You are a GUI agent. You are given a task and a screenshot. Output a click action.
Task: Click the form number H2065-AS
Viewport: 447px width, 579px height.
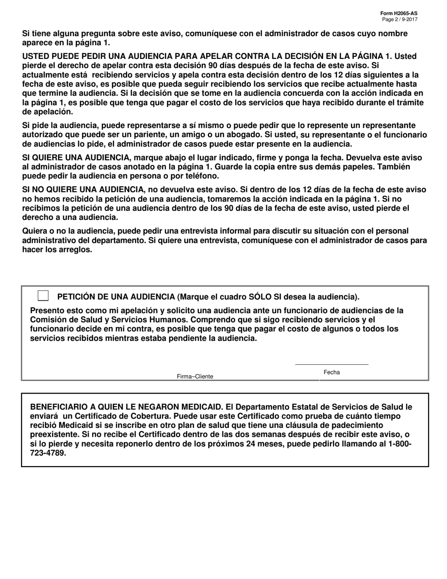tap(401, 14)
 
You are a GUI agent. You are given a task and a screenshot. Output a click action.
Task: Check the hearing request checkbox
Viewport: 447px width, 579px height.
tap(43, 296)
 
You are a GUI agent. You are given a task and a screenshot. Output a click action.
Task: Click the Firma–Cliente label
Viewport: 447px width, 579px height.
tap(195, 377)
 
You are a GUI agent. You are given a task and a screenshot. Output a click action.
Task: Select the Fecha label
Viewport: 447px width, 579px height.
tap(332, 372)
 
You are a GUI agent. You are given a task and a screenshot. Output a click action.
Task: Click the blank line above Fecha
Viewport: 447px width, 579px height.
tap(332, 364)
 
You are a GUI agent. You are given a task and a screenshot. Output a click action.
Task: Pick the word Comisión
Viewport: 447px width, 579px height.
tap(48, 320)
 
